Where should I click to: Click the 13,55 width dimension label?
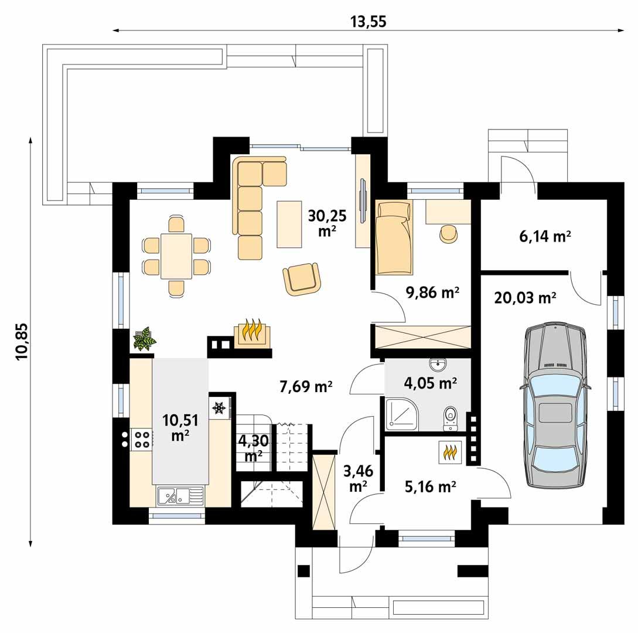pyautogui.click(x=369, y=22)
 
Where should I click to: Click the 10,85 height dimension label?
pyautogui.click(x=22, y=342)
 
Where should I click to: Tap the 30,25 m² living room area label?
pyautogui.click(x=327, y=223)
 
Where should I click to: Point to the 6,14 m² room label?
pyautogui.click(x=545, y=236)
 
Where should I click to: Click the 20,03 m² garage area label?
pyautogui.click(x=525, y=298)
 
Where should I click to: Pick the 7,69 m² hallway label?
pyautogui.click(x=305, y=386)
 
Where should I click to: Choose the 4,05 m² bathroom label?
pyautogui.click(x=431, y=383)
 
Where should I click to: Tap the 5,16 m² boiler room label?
pyautogui.click(x=431, y=486)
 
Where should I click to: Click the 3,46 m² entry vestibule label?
pyautogui.click(x=357, y=478)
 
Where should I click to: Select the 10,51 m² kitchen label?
pyautogui.click(x=180, y=427)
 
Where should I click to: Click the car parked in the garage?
pyautogui.click(x=555, y=404)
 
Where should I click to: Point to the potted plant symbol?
pyautogui.click(x=144, y=339)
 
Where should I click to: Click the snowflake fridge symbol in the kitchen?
pyautogui.click(x=219, y=407)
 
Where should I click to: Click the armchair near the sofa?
pyautogui.click(x=302, y=278)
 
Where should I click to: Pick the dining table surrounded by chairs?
pyautogui.click(x=176, y=256)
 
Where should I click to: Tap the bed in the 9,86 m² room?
pyautogui.click(x=394, y=237)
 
